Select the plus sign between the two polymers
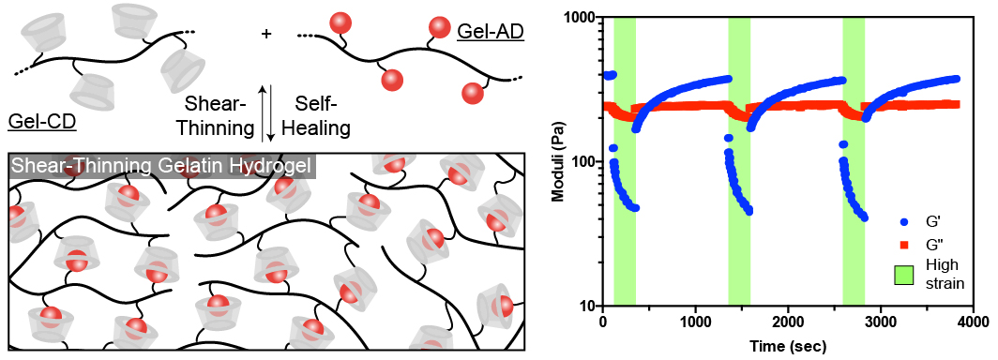click(266, 35)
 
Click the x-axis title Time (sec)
click(788, 346)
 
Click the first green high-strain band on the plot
click(625, 159)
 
